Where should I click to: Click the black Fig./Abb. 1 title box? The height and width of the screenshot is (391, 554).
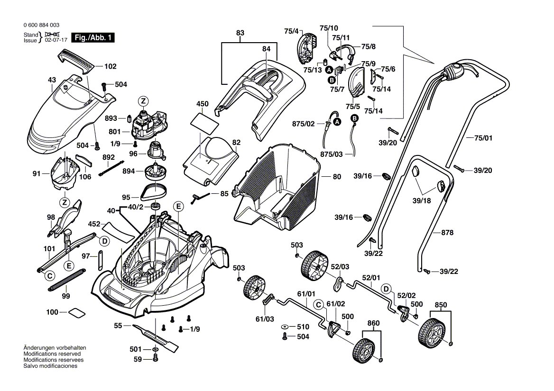(92, 38)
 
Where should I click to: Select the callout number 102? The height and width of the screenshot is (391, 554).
(110, 67)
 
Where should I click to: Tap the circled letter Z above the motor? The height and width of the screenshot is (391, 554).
(143, 101)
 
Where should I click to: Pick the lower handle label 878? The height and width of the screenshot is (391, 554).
(447, 233)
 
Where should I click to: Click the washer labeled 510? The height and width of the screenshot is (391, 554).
(285, 327)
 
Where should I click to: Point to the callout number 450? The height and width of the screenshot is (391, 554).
(203, 104)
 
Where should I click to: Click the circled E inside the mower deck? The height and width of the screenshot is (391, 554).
(178, 206)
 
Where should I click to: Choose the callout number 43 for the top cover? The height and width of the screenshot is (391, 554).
(52, 80)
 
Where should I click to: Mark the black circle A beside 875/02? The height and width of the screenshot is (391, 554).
(337, 122)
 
